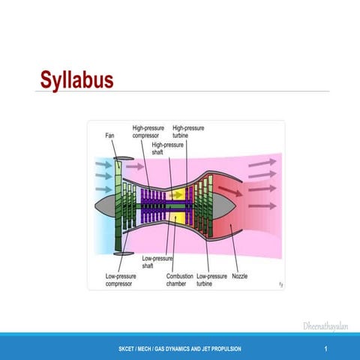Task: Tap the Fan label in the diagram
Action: pyautogui.click(x=110, y=136)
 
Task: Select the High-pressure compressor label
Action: pyautogui.click(x=149, y=132)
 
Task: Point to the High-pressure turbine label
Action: pyautogui.click(x=187, y=132)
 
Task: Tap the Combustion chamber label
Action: pyautogui.click(x=180, y=279)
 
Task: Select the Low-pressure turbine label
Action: pyautogui.click(x=212, y=279)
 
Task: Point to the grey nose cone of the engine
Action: pyautogui.click(x=104, y=204)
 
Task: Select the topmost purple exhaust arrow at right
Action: pyautogui.click(x=262, y=163)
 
